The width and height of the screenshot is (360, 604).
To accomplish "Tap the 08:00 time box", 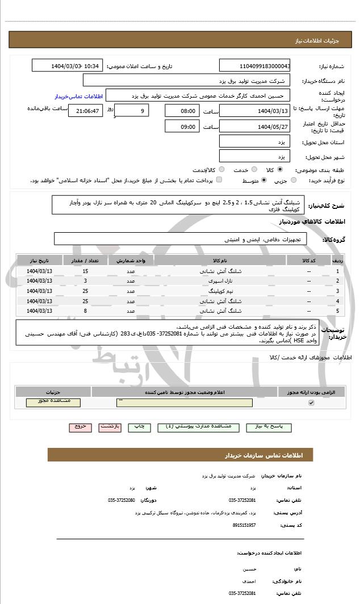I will coord(182,111).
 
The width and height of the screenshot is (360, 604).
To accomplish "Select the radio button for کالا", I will coord(280,169).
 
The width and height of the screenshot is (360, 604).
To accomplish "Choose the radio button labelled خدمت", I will coord(253,169).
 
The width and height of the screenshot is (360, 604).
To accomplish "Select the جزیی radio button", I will coord(294,180).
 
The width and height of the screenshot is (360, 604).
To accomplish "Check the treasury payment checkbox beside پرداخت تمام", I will coord(219,180).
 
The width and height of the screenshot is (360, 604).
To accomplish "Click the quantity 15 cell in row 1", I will coord(85,271).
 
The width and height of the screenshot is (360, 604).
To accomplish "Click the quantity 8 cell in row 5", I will coord(85,311).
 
